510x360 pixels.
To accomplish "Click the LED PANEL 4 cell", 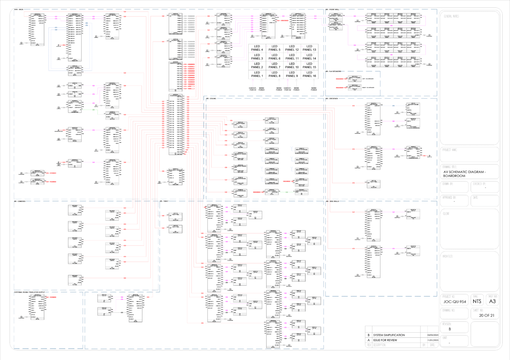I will coord(257,48).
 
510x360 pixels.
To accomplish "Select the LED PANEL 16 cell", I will coord(309,74).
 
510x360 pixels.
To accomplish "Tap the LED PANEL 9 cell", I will coord(292,74).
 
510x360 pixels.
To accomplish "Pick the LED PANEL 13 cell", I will coord(309,48).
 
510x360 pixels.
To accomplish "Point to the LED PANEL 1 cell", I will coord(257,74).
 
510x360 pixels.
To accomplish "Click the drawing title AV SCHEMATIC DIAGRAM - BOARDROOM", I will coord(464,174).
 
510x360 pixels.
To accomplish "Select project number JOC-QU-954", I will coord(455,302).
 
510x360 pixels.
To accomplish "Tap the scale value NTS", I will coord(477,302).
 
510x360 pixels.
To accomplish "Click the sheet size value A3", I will coord(492,301).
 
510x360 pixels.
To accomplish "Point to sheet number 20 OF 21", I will coord(486,315).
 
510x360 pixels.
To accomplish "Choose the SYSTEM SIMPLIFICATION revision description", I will coord(389,335).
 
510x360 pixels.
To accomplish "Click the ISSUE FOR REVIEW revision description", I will coord(385,340).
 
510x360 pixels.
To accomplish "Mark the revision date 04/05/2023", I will coord(433,335).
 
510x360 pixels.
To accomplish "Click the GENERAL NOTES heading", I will coord(451,16).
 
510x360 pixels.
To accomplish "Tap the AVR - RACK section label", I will coord(19,9).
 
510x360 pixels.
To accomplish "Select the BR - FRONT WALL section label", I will coord(332,9).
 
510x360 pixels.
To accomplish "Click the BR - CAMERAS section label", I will coord(20,201).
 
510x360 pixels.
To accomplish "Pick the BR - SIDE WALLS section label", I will coord(332,201).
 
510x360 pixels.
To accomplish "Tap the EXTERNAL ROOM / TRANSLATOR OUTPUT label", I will coord(30,292).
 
